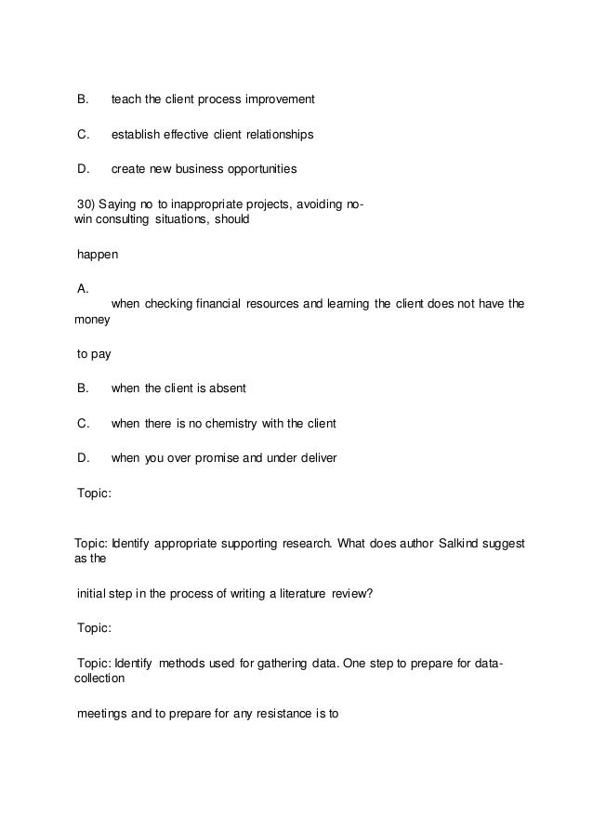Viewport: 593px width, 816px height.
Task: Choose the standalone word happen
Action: [98, 254]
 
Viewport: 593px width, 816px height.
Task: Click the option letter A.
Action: [83, 289]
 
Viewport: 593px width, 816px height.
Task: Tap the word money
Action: [92, 319]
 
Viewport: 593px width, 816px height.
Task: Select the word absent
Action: [227, 388]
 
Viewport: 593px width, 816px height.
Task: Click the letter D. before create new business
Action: [83, 169]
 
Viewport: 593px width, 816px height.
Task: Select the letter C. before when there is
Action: [83, 424]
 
